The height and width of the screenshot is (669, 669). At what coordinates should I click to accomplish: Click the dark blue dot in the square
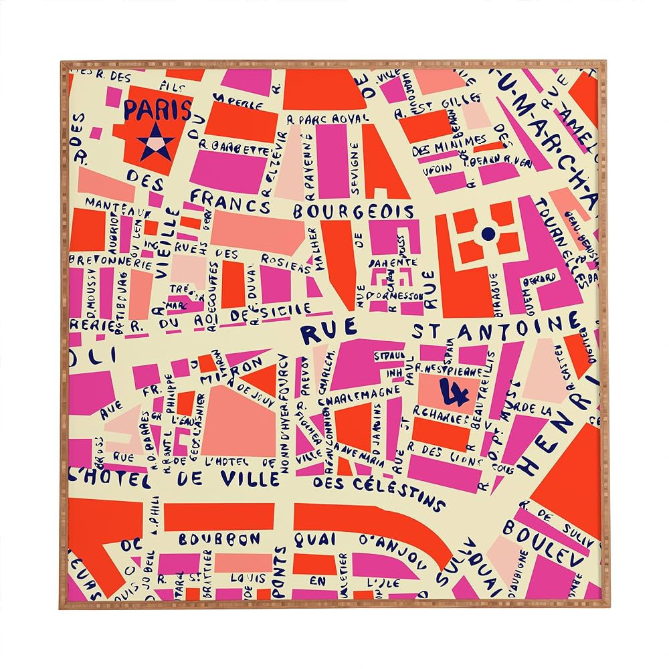(488, 233)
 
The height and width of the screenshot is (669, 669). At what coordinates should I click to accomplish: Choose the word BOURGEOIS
(353, 211)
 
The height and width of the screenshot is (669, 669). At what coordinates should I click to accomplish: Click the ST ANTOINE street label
(495, 328)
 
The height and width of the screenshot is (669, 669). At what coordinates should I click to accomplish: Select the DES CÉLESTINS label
(379, 490)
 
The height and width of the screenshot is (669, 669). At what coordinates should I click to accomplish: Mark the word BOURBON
(219, 539)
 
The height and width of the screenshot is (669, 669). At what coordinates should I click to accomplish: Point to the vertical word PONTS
(280, 573)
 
